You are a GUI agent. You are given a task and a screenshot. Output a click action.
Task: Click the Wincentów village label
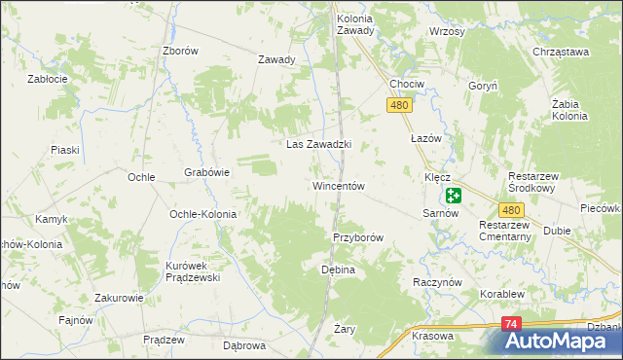(x=338, y=186)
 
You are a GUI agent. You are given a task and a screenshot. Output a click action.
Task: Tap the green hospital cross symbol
(x=454, y=196)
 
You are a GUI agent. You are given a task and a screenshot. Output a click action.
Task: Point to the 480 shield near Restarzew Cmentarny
(x=513, y=210)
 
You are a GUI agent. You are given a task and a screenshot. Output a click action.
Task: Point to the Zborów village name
(x=181, y=52)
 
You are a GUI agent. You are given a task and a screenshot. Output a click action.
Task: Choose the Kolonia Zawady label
(x=354, y=24)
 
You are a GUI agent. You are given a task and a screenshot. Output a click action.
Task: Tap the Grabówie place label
(x=206, y=173)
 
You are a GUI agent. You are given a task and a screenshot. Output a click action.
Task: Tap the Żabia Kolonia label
(x=569, y=110)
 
